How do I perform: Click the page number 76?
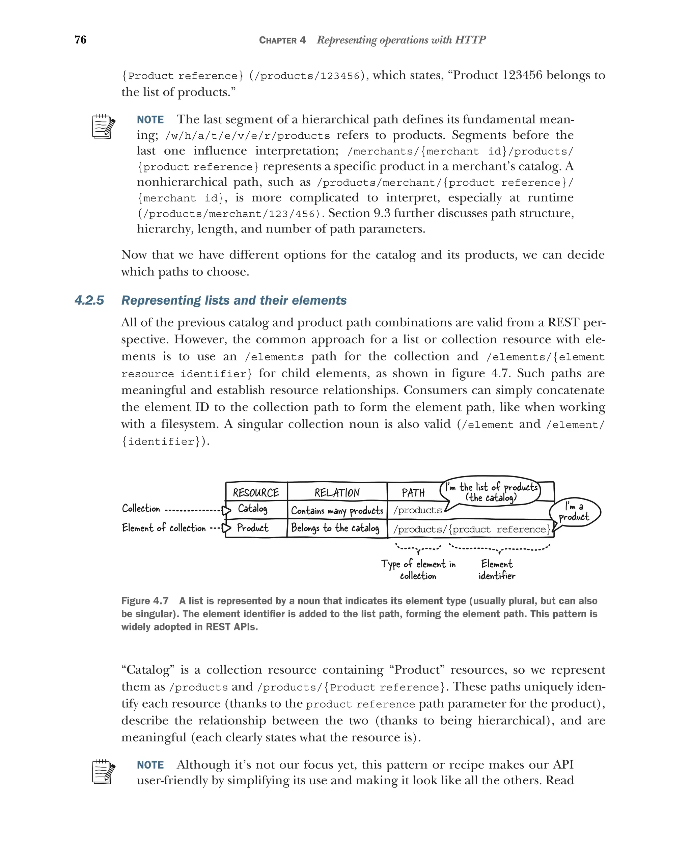coord(80,39)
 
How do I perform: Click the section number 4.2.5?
coord(89,300)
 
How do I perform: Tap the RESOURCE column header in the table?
coord(256,493)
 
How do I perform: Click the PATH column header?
coord(413,493)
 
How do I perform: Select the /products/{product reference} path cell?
coord(471,529)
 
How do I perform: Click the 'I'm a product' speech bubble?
coord(575,512)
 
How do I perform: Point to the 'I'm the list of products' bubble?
coord(491,492)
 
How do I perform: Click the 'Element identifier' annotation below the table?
coord(497,569)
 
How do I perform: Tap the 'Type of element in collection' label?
coord(418,569)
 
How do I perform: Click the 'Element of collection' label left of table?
coord(164,527)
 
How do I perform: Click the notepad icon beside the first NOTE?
coord(103,127)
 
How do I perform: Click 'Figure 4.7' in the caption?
coord(145,601)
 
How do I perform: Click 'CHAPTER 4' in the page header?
coord(282,40)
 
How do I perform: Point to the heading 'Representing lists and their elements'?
coord(233,300)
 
